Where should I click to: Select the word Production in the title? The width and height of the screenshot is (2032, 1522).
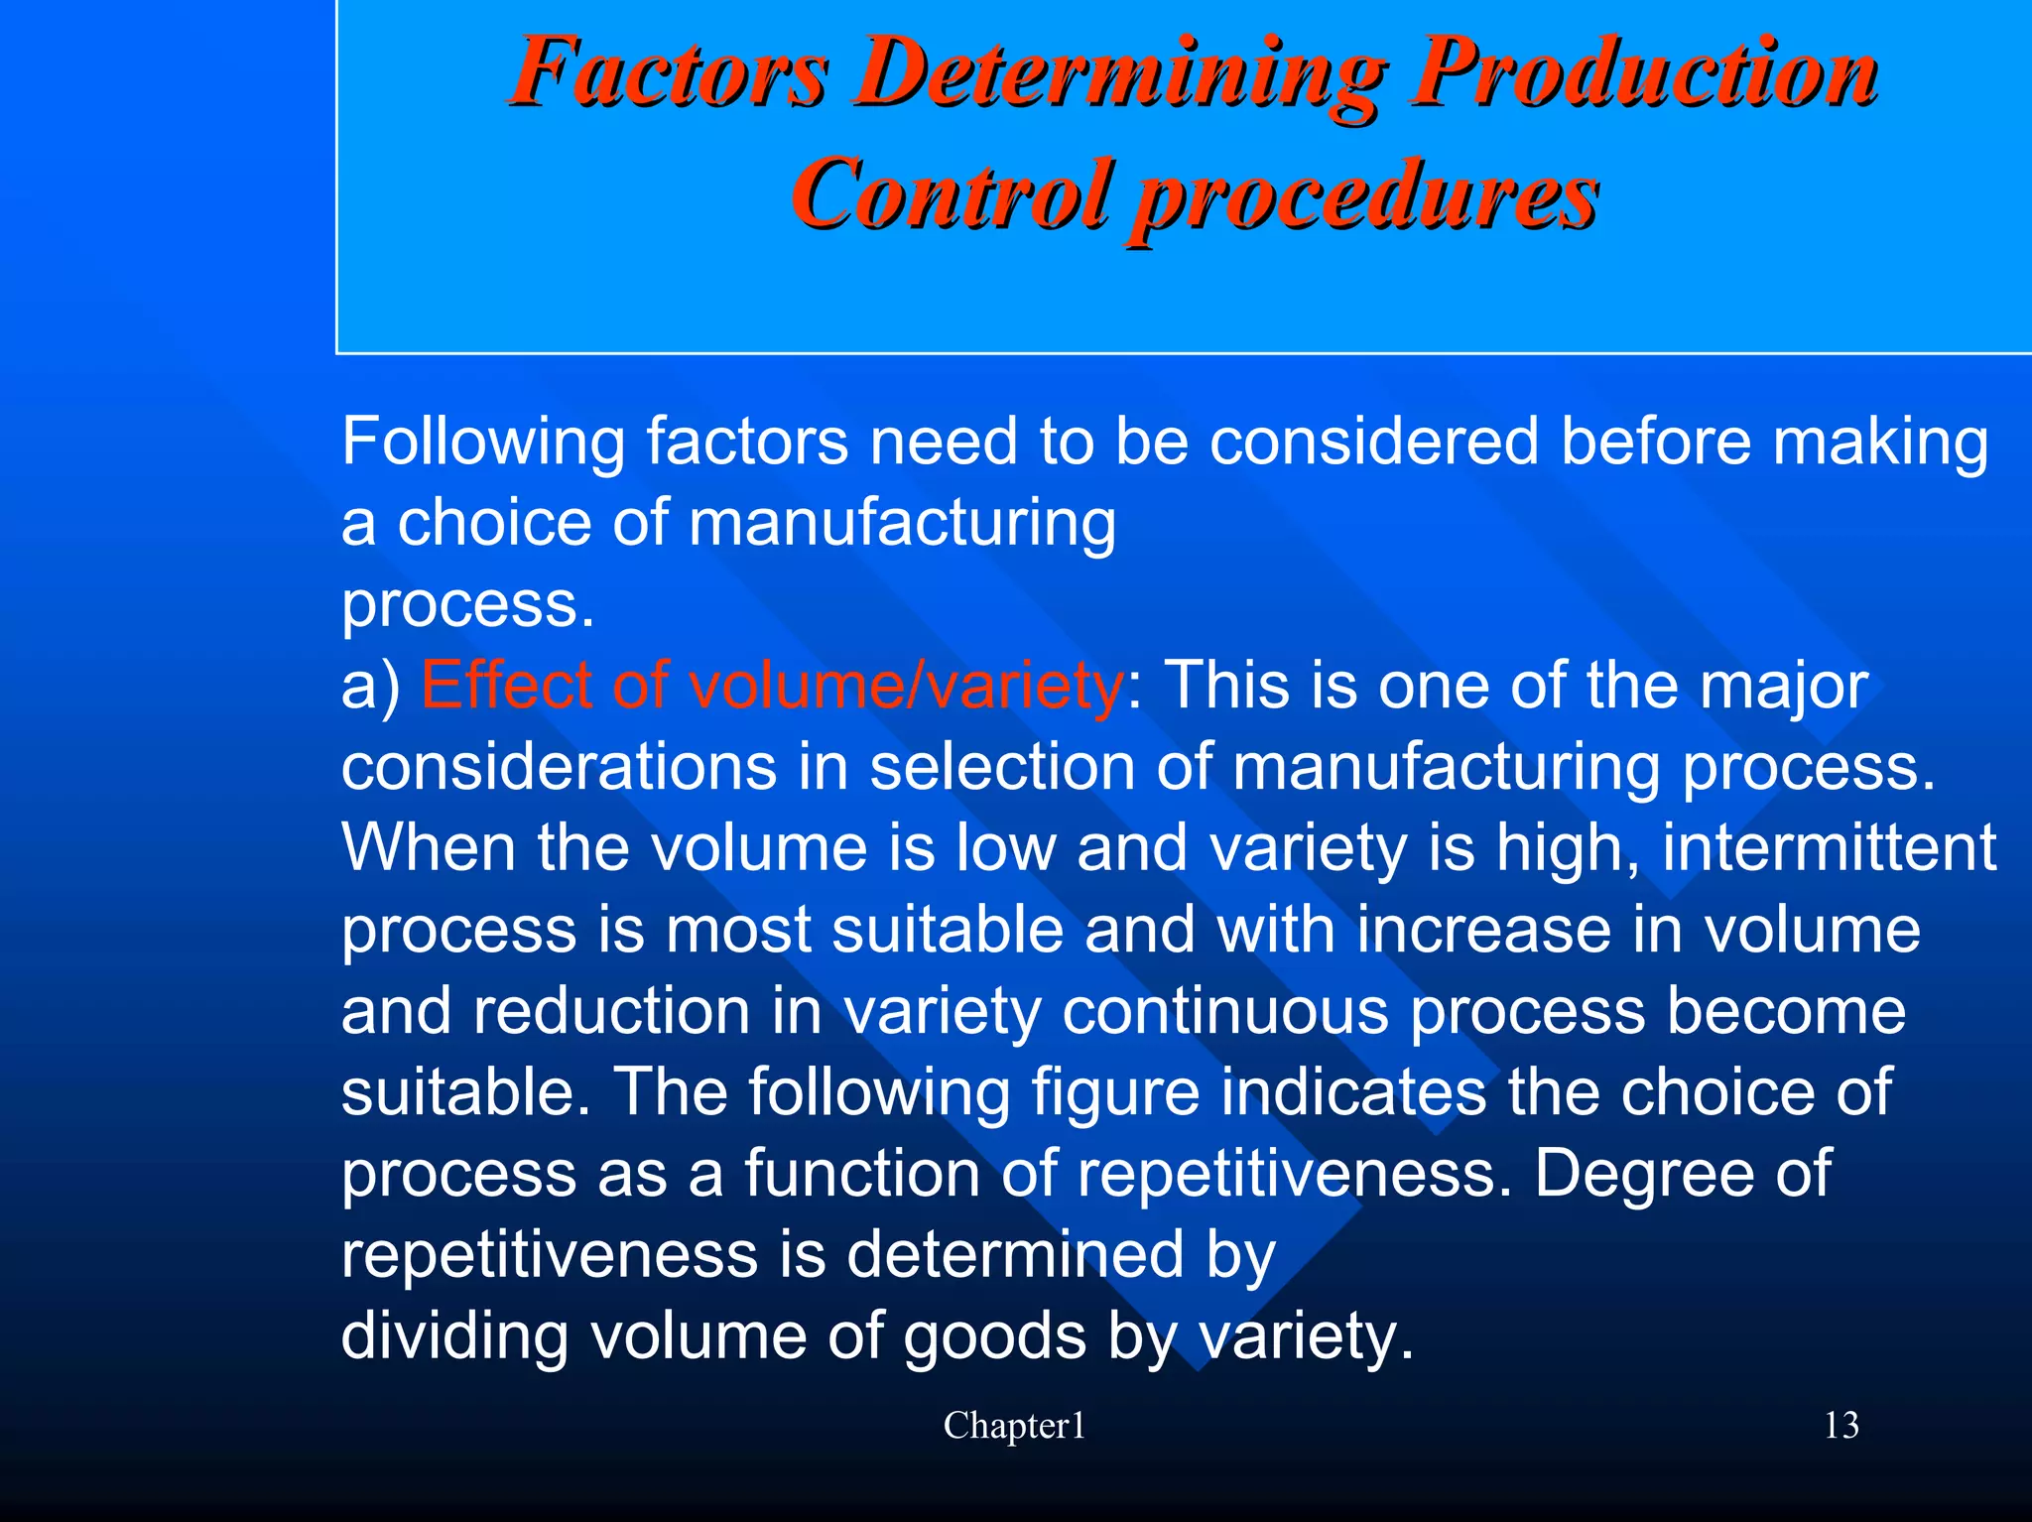[x=1645, y=71]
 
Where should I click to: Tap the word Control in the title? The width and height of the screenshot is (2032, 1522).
[x=950, y=192]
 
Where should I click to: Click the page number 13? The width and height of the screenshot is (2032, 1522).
[x=1841, y=1426]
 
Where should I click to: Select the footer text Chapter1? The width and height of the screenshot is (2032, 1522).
[x=1014, y=1426]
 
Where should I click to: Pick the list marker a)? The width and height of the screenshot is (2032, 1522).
[x=370, y=687]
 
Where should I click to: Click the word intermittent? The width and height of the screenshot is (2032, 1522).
[x=1829, y=848]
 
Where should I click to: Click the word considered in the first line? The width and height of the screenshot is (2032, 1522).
[x=1374, y=442]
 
